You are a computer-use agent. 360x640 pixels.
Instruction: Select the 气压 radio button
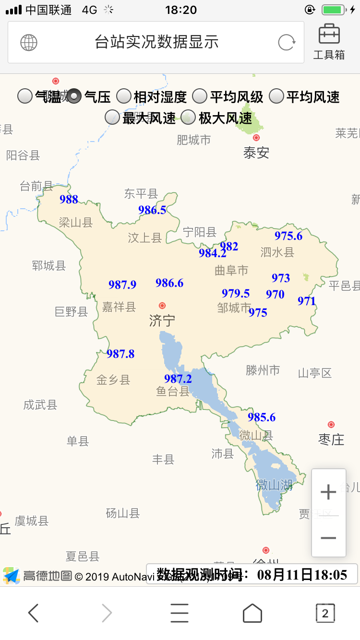pyautogui.click(x=74, y=96)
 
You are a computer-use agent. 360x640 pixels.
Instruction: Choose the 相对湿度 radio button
pyautogui.click(x=124, y=96)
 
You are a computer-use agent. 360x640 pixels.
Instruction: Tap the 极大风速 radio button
pyautogui.click(x=188, y=117)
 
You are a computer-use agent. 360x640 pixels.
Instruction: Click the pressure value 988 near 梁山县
pyautogui.click(x=69, y=200)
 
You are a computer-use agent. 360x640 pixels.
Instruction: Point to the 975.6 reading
pyautogui.click(x=288, y=236)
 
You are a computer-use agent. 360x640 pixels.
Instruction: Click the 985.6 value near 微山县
pyautogui.click(x=262, y=417)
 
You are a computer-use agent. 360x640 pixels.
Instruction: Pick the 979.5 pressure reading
pyautogui.click(x=236, y=293)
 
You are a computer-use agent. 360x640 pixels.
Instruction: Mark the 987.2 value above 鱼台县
pyautogui.click(x=178, y=379)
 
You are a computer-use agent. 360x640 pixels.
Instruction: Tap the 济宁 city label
pyautogui.click(x=162, y=320)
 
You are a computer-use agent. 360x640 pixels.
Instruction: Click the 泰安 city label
pyautogui.click(x=256, y=153)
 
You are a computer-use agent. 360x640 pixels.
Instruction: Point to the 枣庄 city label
pyautogui.click(x=331, y=439)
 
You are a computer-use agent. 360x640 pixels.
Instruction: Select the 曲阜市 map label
pyautogui.click(x=231, y=271)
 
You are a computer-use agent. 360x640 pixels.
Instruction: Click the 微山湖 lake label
pyautogui.click(x=274, y=485)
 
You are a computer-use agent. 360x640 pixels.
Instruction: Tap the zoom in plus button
pyautogui.click(x=328, y=492)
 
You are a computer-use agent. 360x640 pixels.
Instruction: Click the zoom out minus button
pyautogui.click(x=328, y=538)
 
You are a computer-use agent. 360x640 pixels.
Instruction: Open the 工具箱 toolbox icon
pyautogui.click(x=329, y=41)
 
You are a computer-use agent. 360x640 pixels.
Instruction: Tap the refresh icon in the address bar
pyautogui.click(x=287, y=43)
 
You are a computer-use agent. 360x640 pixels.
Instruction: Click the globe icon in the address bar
pyautogui.click(x=29, y=43)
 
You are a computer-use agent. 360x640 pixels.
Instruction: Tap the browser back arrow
pyautogui.click(x=33, y=613)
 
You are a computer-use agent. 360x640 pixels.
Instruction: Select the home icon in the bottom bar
pyautogui.click(x=252, y=613)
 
